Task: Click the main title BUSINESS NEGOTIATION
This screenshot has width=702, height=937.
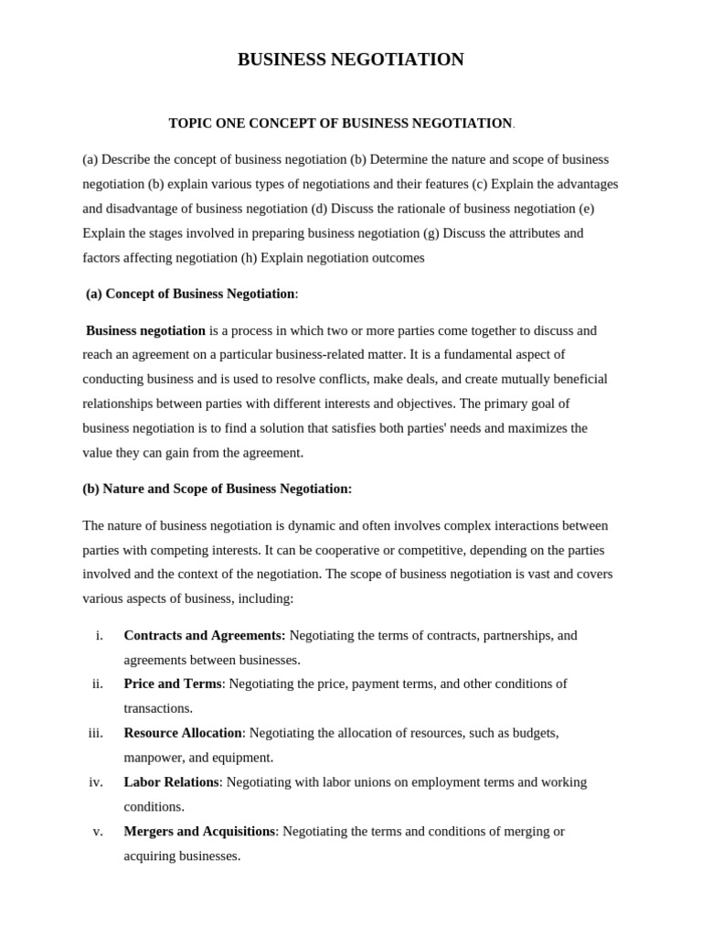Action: [x=350, y=59]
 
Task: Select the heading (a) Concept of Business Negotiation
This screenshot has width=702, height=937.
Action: [x=191, y=294]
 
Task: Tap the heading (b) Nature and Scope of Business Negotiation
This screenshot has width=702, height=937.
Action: [x=217, y=489]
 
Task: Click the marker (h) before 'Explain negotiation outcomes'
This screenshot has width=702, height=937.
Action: [x=249, y=258]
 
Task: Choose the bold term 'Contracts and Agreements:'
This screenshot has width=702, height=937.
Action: [x=205, y=635]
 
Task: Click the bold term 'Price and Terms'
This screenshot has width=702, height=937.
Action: [x=173, y=684]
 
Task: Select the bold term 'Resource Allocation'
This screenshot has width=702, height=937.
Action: [x=183, y=733]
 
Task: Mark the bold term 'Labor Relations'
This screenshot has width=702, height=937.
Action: [x=171, y=782]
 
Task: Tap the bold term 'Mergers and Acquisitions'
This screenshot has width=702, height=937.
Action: [x=199, y=831]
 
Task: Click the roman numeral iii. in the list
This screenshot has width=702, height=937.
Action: [x=96, y=733]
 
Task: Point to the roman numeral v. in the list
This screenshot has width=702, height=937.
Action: [x=98, y=831]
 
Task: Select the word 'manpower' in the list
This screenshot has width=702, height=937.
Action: [x=153, y=758]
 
